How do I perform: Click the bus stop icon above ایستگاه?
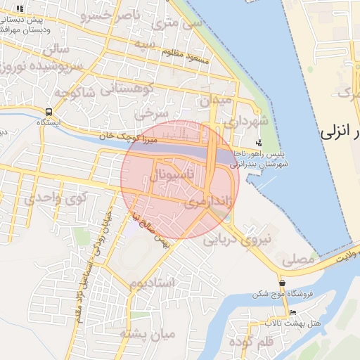49,111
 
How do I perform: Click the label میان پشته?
146,333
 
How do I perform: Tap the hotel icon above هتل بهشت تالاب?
292,312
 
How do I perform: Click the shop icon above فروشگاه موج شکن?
282,283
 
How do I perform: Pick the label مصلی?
297,259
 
